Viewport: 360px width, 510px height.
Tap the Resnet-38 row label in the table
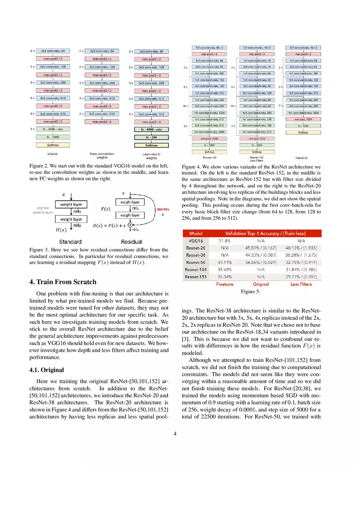pos(196,255)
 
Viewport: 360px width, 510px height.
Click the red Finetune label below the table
pos(225,284)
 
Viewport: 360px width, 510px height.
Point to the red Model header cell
pos(196,234)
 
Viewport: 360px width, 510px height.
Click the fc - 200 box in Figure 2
pos(151,137)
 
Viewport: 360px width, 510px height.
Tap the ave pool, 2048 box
pos(209,138)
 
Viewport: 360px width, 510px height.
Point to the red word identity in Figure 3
pos(163,209)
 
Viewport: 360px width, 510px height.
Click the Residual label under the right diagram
pos(131,242)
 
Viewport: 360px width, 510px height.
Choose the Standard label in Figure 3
pos(70,242)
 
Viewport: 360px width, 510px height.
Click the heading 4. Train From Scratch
pos(63,282)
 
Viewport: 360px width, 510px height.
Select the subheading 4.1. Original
pos(47,370)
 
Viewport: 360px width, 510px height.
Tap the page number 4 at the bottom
pos(175,434)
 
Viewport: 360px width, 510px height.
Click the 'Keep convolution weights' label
pos(102,156)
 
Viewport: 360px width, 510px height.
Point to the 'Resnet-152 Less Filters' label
pos(256,159)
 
